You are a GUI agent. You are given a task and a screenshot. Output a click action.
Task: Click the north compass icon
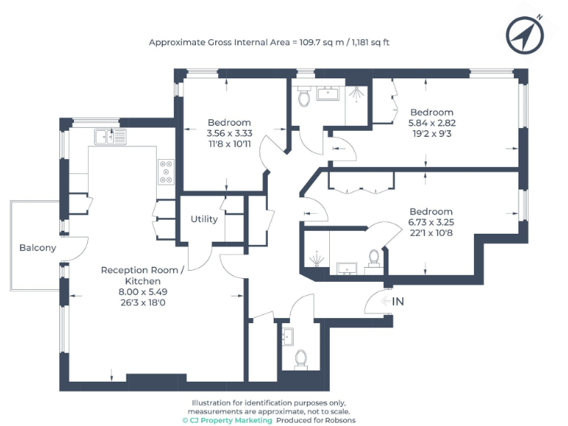(x=524, y=33)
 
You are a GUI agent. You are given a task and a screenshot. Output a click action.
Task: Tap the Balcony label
(x=38, y=248)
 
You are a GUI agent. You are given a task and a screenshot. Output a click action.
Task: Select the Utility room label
(x=204, y=219)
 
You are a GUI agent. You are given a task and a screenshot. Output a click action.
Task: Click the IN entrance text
(x=397, y=301)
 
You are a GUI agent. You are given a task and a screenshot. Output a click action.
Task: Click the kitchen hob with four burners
(x=166, y=172)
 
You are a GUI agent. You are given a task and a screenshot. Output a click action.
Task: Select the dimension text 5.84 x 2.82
(x=431, y=123)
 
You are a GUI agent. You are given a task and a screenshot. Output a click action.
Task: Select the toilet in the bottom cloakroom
(x=301, y=359)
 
